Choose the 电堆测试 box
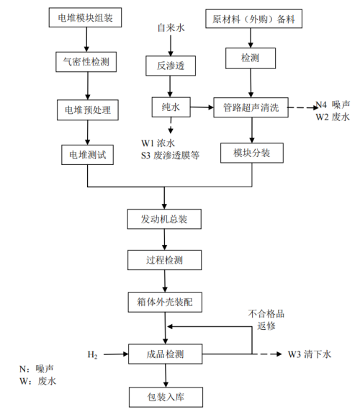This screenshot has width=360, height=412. (x=87, y=153)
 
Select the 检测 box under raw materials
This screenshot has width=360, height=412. (x=251, y=57)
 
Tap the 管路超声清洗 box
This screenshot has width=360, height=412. (x=251, y=109)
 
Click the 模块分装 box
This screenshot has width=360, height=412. (x=251, y=153)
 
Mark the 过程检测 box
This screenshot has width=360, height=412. (x=167, y=259)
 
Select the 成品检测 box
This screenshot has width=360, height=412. (x=167, y=354)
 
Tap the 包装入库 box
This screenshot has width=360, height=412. (x=167, y=396)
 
